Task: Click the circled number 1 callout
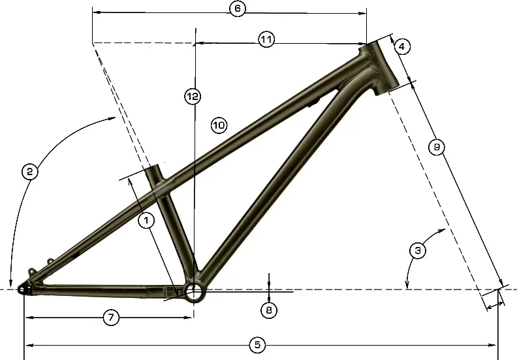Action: coord(146,221)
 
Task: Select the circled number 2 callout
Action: coord(29,172)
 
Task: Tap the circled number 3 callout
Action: coord(418,250)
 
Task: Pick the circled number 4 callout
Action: coord(402,46)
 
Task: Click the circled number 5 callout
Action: coord(257,344)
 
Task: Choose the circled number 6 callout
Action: coord(237,9)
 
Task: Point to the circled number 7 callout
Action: coord(111,318)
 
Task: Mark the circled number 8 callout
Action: coord(269,310)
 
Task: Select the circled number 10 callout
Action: coord(218,124)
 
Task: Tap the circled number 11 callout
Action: coord(266,40)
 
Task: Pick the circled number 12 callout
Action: coord(191,97)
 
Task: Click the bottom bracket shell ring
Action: coord(194,291)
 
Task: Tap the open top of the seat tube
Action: coord(154,169)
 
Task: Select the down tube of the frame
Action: coord(274,183)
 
